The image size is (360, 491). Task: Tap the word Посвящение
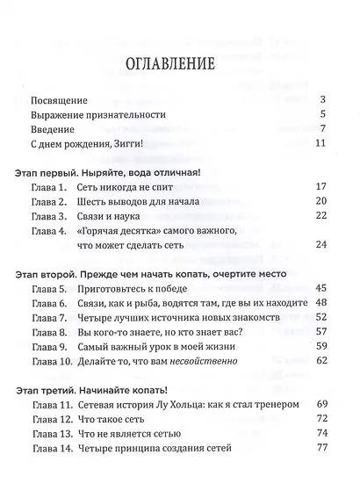pyautogui.click(x=59, y=99)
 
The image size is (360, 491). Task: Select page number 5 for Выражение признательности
pyautogui.click(x=324, y=115)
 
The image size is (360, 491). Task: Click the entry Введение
pyautogui.click(x=54, y=131)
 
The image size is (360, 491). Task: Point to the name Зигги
pyautogui.click(x=129, y=147)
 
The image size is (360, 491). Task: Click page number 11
pyautogui.click(x=320, y=147)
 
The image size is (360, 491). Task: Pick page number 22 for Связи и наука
pyautogui.click(x=320, y=217)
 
